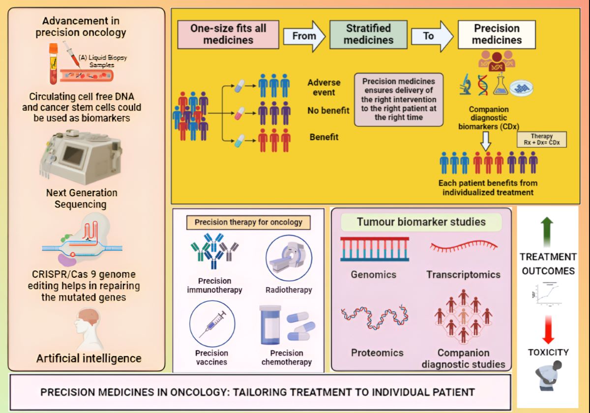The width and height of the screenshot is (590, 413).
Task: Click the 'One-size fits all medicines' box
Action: click(x=228, y=34)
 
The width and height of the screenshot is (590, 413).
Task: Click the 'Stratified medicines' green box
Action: click(x=368, y=34)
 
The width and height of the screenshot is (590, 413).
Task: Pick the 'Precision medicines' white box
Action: click(x=497, y=34)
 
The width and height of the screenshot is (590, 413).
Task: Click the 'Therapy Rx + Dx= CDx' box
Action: click(x=541, y=140)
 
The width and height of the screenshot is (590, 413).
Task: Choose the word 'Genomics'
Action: click(x=373, y=274)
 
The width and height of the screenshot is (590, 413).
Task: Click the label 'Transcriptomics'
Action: click(x=463, y=275)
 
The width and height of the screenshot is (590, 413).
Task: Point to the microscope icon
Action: click(x=466, y=85)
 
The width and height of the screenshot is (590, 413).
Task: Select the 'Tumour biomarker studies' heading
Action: click(x=421, y=222)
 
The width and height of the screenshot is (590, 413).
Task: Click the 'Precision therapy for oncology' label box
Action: click(x=248, y=222)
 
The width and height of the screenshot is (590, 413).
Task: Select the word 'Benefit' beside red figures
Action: click(x=324, y=137)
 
